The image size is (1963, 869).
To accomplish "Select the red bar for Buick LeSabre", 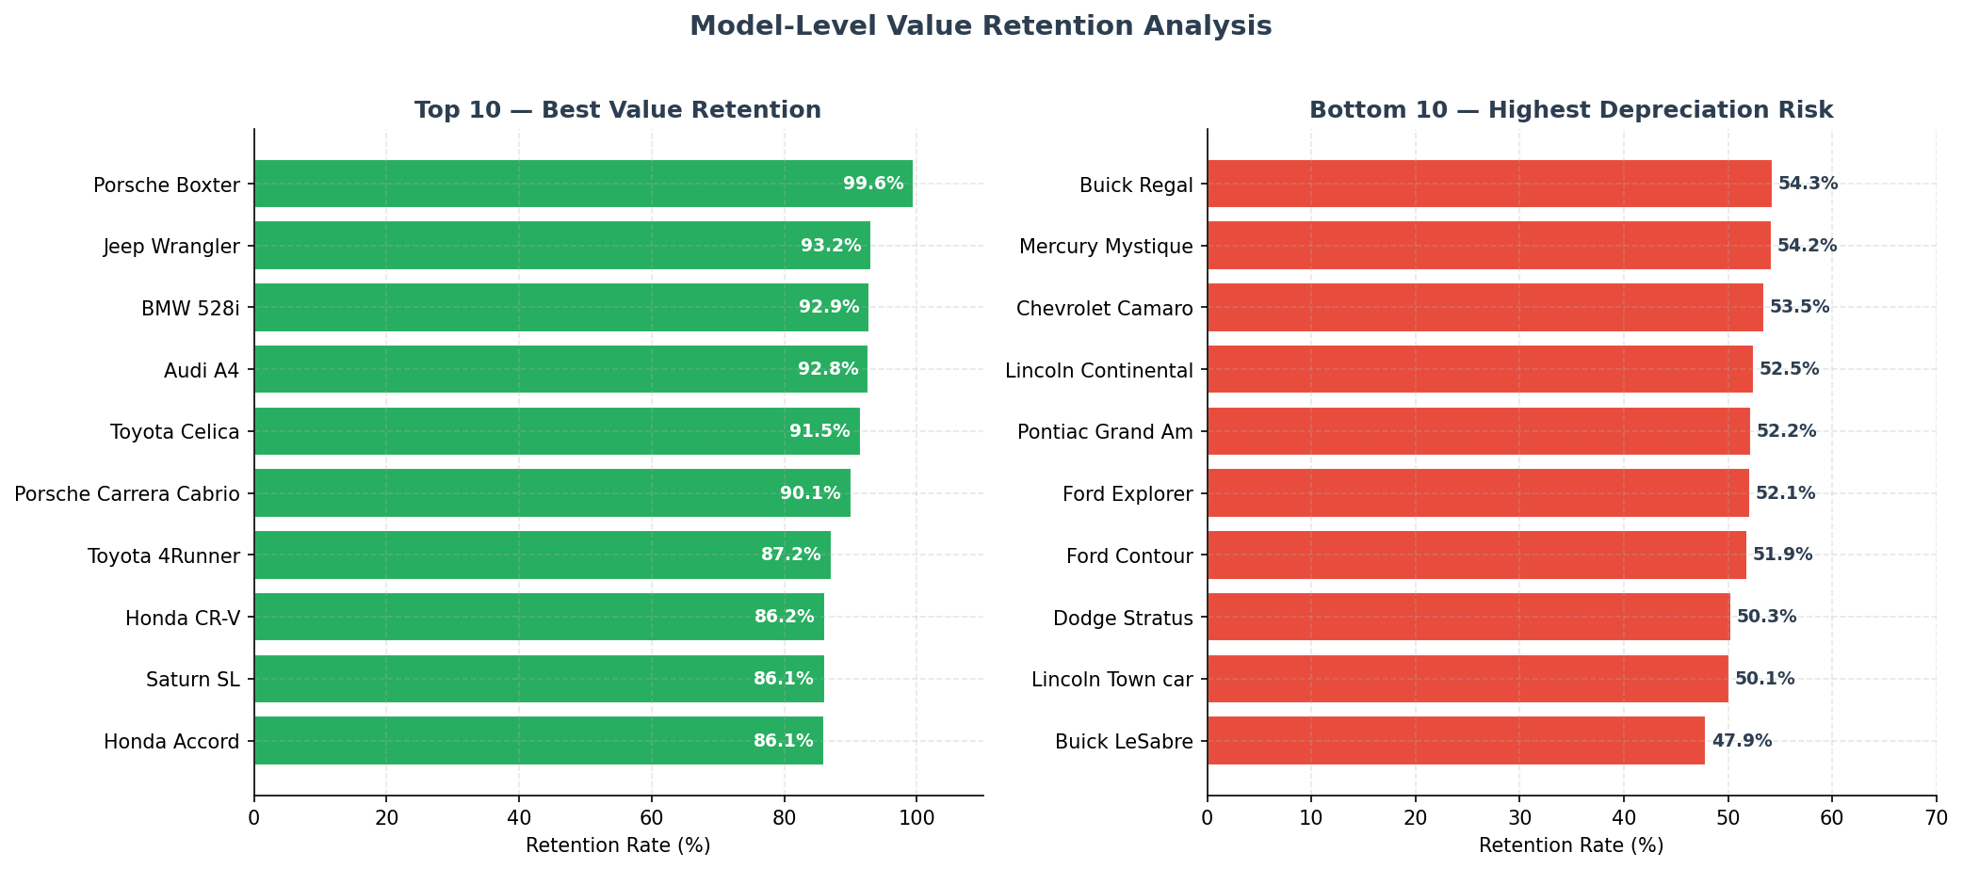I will tap(1455, 741).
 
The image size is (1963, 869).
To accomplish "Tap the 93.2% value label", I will tap(831, 246).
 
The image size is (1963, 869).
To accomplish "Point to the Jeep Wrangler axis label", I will tap(171, 247).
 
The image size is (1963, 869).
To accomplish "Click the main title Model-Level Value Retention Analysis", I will tap(981, 26).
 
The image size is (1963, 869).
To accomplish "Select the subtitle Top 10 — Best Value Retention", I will tap(618, 110).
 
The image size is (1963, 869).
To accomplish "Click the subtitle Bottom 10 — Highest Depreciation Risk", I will tap(1571, 110).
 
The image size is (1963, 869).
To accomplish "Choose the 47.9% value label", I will tap(1742, 741).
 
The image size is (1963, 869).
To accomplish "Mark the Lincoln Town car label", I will tap(1111, 680).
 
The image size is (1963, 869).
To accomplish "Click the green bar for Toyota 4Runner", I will tap(542, 555).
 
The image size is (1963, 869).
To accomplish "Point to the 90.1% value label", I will tap(810, 493).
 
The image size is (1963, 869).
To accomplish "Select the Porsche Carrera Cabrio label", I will tap(127, 494).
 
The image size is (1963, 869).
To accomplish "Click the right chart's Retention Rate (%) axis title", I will tap(1571, 845).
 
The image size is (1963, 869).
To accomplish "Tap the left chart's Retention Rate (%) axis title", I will tap(618, 845).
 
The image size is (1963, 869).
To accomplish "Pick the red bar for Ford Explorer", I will tap(1477, 493).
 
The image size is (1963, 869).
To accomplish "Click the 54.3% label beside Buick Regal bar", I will tap(1808, 184).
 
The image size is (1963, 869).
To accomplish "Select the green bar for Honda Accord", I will tap(538, 741).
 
